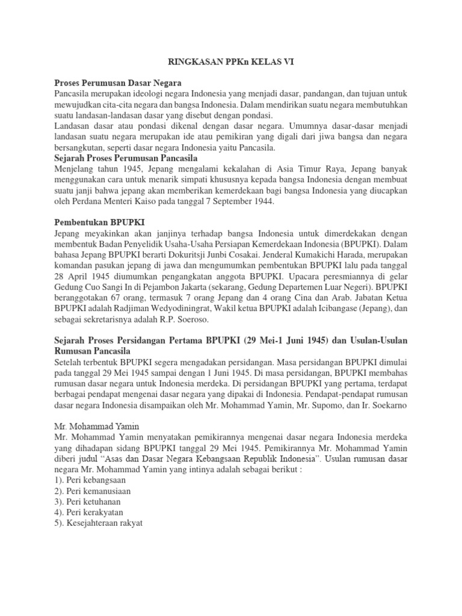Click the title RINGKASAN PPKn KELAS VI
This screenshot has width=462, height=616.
tap(230, 61)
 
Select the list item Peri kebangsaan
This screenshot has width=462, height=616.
tap(97, 481)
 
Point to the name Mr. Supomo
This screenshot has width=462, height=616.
tap(332, 405)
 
